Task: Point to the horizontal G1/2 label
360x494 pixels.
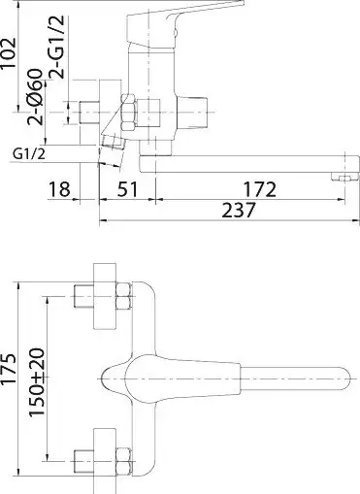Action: tap(33, 151)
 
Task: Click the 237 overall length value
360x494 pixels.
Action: tap(229, 211)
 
